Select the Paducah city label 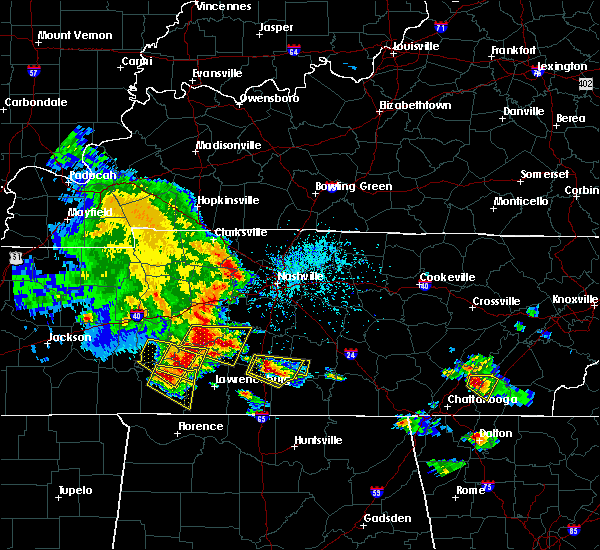[93, 175]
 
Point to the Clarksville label [242, 233]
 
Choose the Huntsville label [318, 441]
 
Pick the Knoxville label [575, 300]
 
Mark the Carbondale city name [35, 102]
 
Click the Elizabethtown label [415, 105]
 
